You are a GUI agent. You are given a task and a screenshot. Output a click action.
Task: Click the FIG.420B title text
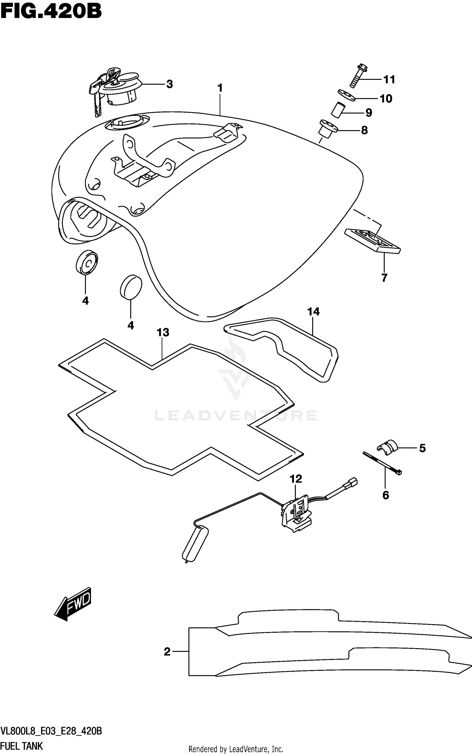(x=51, y=12)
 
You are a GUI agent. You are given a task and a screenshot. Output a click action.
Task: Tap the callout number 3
(x=169, y=84)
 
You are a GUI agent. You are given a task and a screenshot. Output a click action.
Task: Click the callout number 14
(x=313, y=312)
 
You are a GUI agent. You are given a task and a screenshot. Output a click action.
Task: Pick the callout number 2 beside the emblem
(x=167, y=652)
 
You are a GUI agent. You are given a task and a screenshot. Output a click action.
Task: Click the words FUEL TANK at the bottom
(x=22, y=746)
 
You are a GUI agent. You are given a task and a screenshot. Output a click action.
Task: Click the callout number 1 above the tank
(x=220, y=88)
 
